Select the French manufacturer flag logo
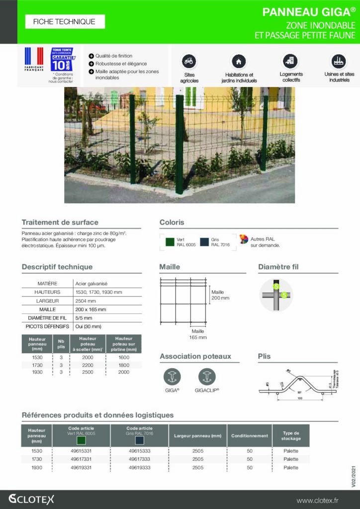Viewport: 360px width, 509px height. click(34, 58)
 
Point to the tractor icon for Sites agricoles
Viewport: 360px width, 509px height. click(188, 61)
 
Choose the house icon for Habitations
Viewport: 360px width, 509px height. click(239, 61)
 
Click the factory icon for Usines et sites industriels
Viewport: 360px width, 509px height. click(339, 61)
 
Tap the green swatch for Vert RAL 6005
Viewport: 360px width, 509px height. click(170, 242)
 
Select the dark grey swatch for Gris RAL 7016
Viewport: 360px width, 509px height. click(204, 242)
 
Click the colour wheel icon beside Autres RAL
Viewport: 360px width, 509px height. click(244, 239)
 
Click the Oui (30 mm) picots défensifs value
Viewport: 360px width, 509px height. click(88, 327)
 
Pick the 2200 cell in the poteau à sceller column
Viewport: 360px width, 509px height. click(88, 365)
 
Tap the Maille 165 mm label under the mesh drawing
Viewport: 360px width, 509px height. click(197, 334)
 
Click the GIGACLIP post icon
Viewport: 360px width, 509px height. click(207, 376)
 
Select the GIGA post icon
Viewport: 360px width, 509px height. click(172, 376)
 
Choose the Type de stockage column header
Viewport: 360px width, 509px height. click(291, 435)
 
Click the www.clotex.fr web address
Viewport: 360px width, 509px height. click(324, 500)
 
